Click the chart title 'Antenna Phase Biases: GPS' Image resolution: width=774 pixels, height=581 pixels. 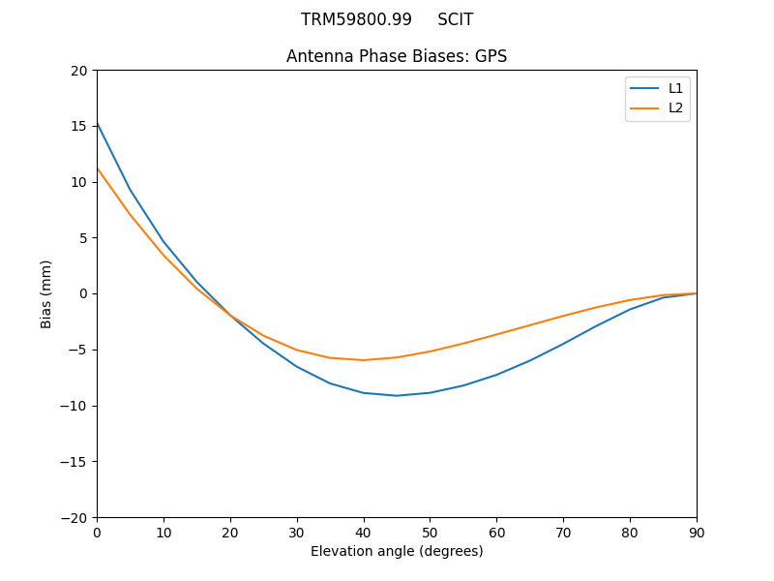[x=397, y=56]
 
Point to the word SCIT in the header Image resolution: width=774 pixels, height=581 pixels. [x=456, y=19]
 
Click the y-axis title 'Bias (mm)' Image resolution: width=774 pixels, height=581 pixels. [x=46, y=293]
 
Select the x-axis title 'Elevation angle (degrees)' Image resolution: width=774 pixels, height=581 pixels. [x=397, y=551]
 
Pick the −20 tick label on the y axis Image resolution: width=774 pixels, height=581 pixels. [x=75, y=517]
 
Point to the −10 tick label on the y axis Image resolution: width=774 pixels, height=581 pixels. [x=75, y=406]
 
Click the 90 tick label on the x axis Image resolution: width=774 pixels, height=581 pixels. [x=697, y=532]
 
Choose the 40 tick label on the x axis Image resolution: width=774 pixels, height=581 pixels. [x=364, y=532]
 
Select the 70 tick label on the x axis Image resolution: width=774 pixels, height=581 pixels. [x=563, y=532]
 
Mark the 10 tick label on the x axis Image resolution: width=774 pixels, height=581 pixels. [x=164, y=532]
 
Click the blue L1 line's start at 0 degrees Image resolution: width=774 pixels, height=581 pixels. [x=97, y=123]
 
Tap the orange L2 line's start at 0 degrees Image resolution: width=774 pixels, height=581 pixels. [x=97, y=168]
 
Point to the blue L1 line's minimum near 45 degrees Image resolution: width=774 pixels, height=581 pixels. [x=397, y=395]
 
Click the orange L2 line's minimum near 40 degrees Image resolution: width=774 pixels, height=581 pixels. [x=364, y=360]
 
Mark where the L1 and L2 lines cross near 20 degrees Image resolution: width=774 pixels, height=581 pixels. [x=229, y=315]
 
